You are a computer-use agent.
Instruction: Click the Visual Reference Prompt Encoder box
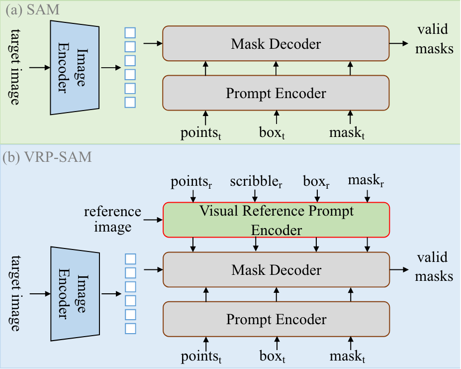[276, 220]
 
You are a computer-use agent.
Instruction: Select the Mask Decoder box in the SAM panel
[276, 44]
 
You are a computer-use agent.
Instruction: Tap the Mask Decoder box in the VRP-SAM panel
[276, 269]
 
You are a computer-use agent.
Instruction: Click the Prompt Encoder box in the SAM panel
[276, 93]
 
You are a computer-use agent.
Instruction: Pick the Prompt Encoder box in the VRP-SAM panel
[276, 319]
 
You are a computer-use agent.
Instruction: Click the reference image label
[112, 219]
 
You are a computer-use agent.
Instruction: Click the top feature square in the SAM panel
[130, 33]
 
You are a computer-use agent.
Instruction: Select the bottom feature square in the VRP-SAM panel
[130, 328]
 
